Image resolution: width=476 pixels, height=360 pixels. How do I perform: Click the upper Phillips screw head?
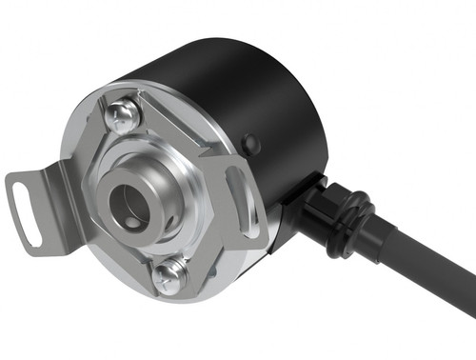(x=120, y=118)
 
